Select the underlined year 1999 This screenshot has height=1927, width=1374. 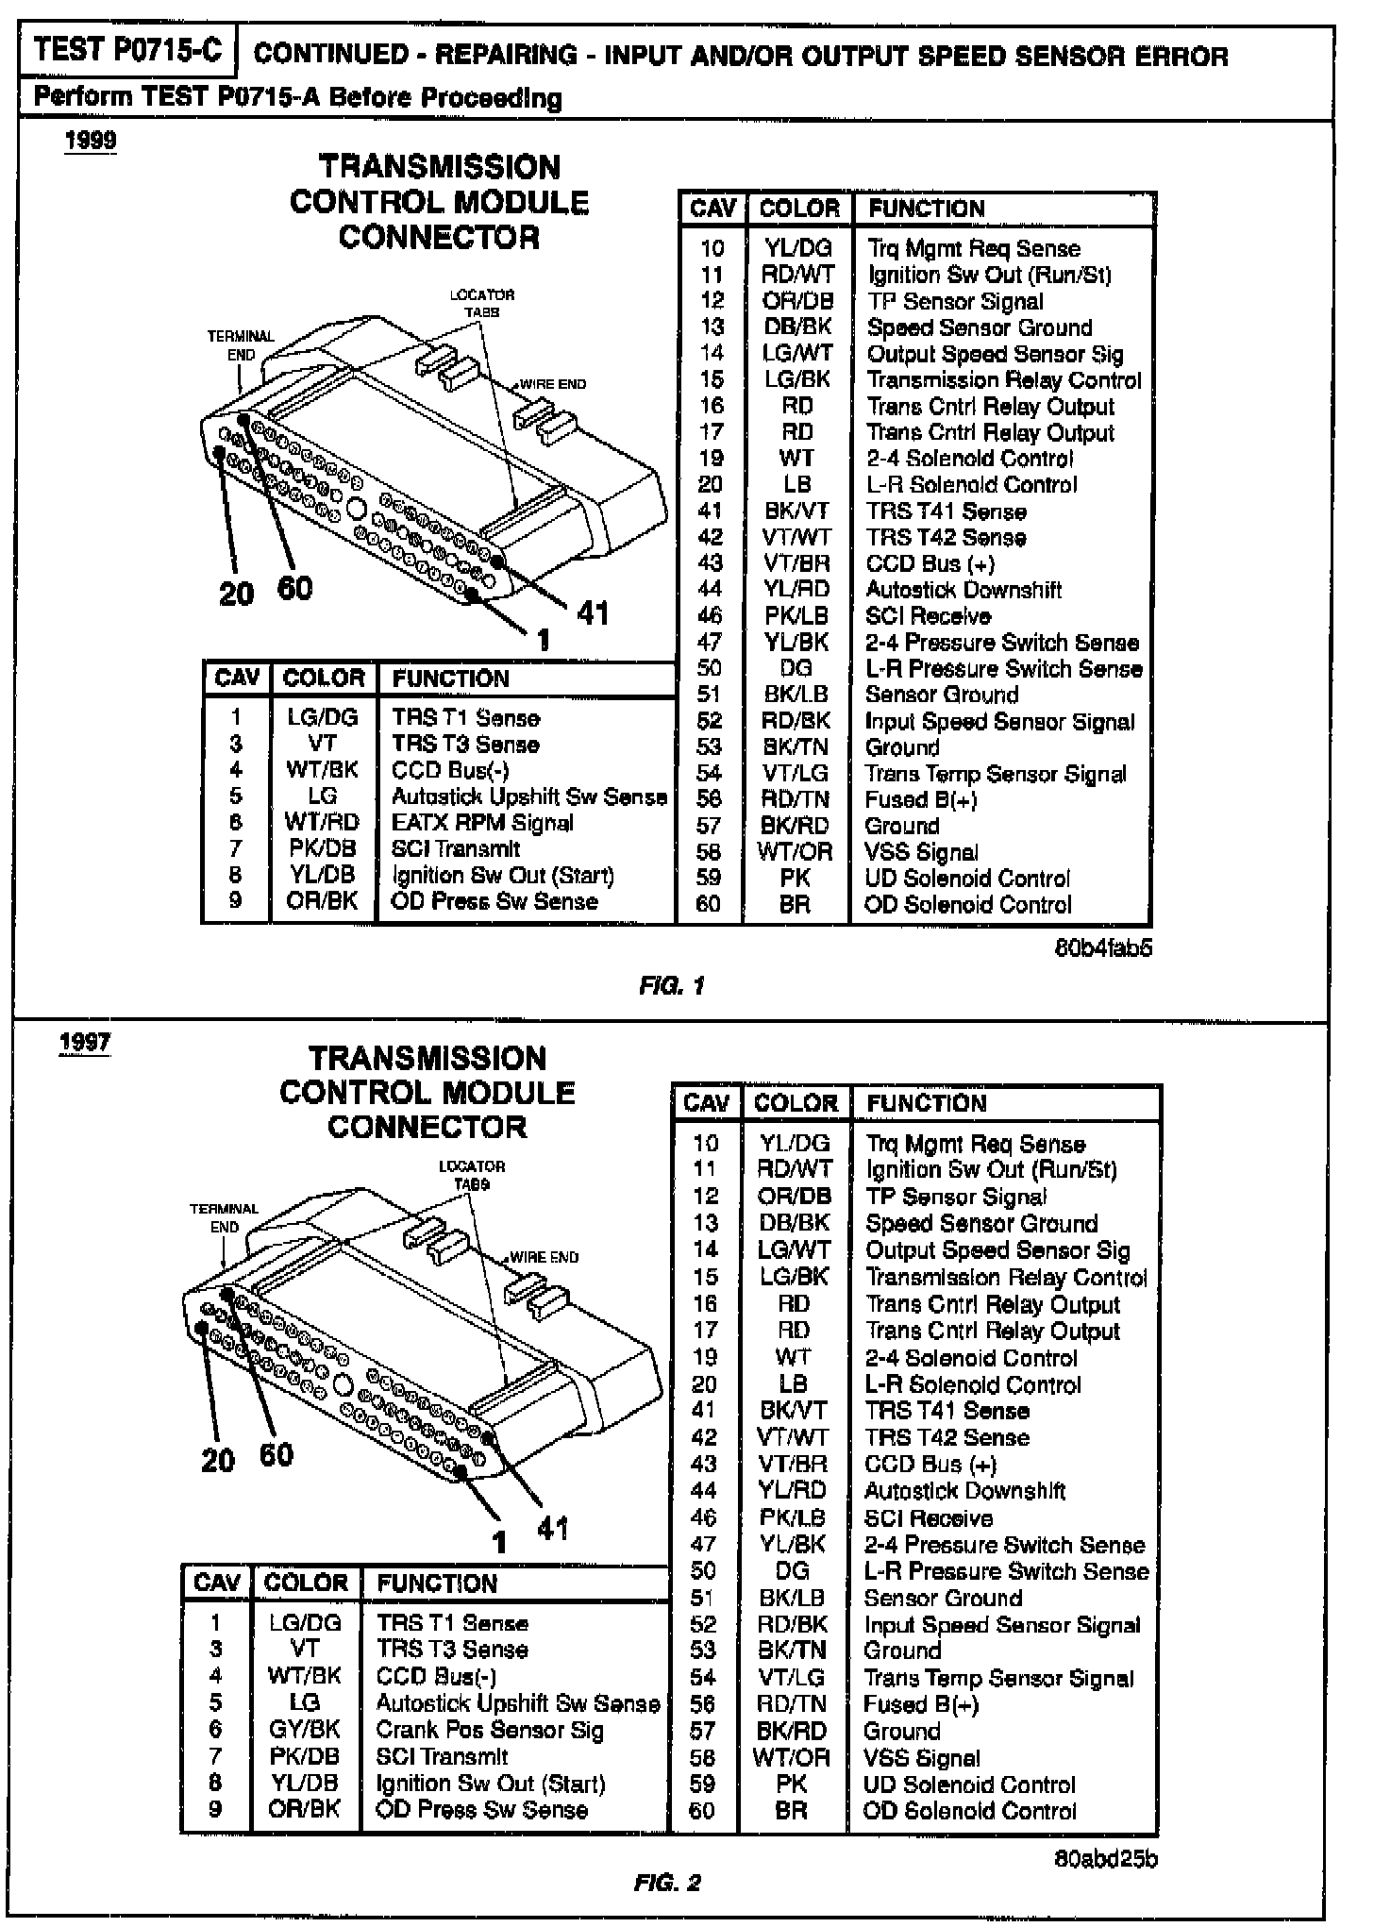tap(91, 142)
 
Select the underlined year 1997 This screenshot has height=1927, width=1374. tap(85, 1043)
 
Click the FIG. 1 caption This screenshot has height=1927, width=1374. tap(671, 986)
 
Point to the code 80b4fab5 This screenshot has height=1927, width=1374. tap(1103, 947)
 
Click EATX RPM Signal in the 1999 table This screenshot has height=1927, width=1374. tap(482, 823)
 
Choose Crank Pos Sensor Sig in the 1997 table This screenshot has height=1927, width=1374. tap(489, 1730)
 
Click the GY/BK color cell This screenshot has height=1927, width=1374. tap(304, 1730)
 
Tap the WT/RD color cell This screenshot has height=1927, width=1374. tap(322, 823)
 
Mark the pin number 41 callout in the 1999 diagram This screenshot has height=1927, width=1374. tap(593, 613)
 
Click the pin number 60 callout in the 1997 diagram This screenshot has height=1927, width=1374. tap(276, 1454)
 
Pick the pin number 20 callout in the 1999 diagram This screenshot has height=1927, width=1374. tap(236, 594)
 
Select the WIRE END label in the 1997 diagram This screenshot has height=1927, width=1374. tap(544, 1257)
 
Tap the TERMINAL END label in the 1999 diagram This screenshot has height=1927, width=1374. tap(241, 345)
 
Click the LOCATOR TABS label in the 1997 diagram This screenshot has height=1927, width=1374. tap(472, 1175)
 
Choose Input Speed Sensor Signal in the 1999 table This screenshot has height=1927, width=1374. tap(1000, 722)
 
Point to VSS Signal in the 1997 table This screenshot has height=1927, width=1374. tap(921, 1758)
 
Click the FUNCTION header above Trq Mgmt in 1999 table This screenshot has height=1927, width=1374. tap(926, 209)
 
